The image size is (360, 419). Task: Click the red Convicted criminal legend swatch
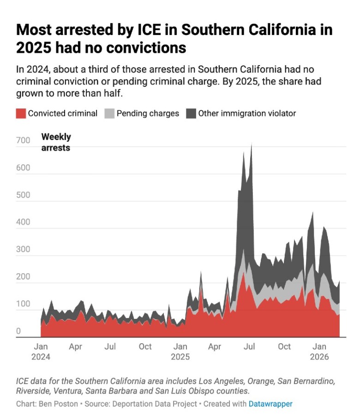point(21,114)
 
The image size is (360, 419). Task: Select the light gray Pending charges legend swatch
point(109,114)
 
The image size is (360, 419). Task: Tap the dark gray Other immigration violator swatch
point(191,114)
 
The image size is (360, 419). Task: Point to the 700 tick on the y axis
point(23,140)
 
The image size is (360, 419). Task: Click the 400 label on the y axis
point(23,222)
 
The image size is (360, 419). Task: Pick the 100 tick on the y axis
point(23,304)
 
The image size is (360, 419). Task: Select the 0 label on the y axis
point(18,331)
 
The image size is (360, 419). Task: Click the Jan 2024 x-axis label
point(41,351)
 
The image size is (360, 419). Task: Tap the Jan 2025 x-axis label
point(180,351)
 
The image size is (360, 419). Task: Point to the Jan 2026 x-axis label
point(319,351)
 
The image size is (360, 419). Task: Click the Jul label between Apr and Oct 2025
point(249,347)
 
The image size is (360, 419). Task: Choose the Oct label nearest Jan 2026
point(284,347)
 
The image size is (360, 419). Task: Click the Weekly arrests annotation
point(56,142)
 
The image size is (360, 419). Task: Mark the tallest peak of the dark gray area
point(252,144)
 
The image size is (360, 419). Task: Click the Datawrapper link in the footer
point(270,404)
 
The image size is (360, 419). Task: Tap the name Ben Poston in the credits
point(58,404)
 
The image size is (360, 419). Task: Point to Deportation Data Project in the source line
point(155,404)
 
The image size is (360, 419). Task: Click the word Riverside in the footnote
point(33,391)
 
